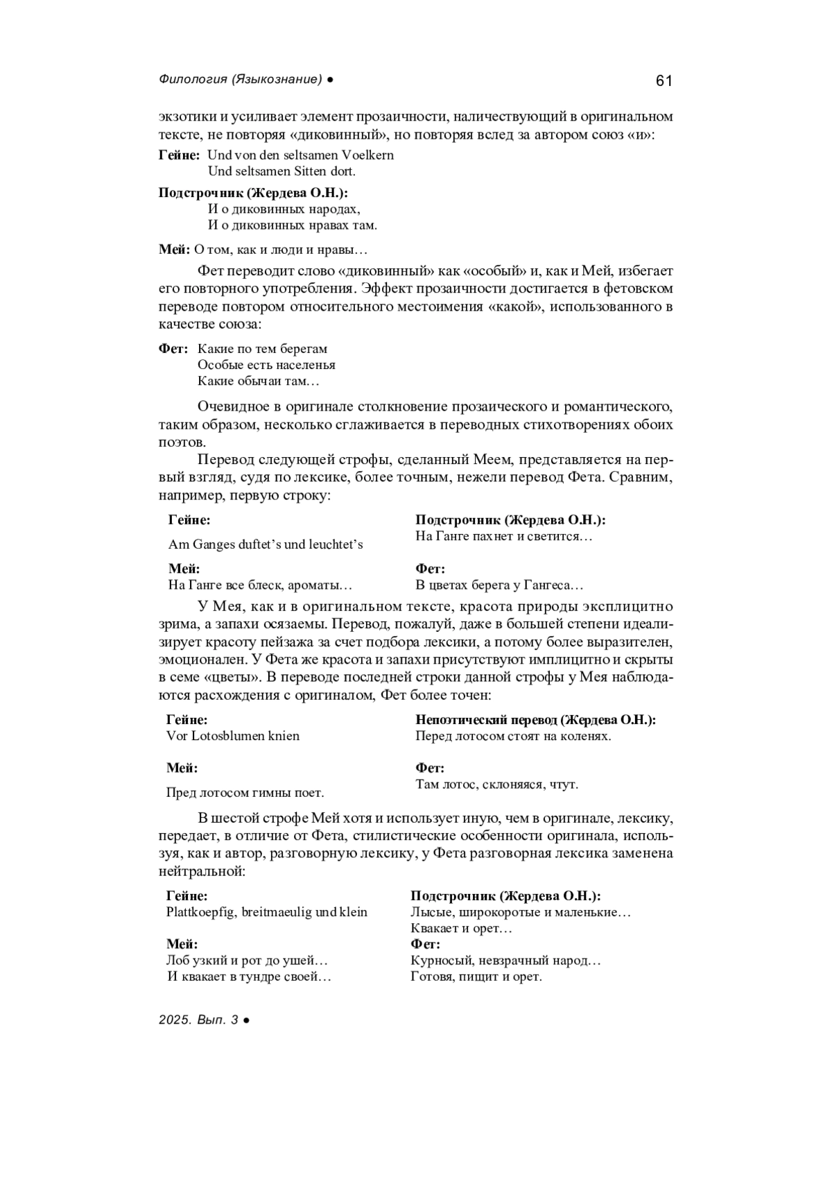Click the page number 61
pos(663,81)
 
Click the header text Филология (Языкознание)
pos(241,80)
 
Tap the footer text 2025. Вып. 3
pos(198,1020)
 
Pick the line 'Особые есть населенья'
pos(266,365)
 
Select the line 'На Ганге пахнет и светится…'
pos(504,536)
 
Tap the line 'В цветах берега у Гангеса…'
pos(499,585)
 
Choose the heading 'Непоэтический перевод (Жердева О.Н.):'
pos(535,720)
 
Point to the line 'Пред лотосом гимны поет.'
pos(245,792)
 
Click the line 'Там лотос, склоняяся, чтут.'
pos(496,784)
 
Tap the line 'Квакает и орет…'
pos(461,928)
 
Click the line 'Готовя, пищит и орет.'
pos(476,977)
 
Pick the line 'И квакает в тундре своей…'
pos(249,977)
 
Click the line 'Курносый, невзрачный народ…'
pos(505,961)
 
